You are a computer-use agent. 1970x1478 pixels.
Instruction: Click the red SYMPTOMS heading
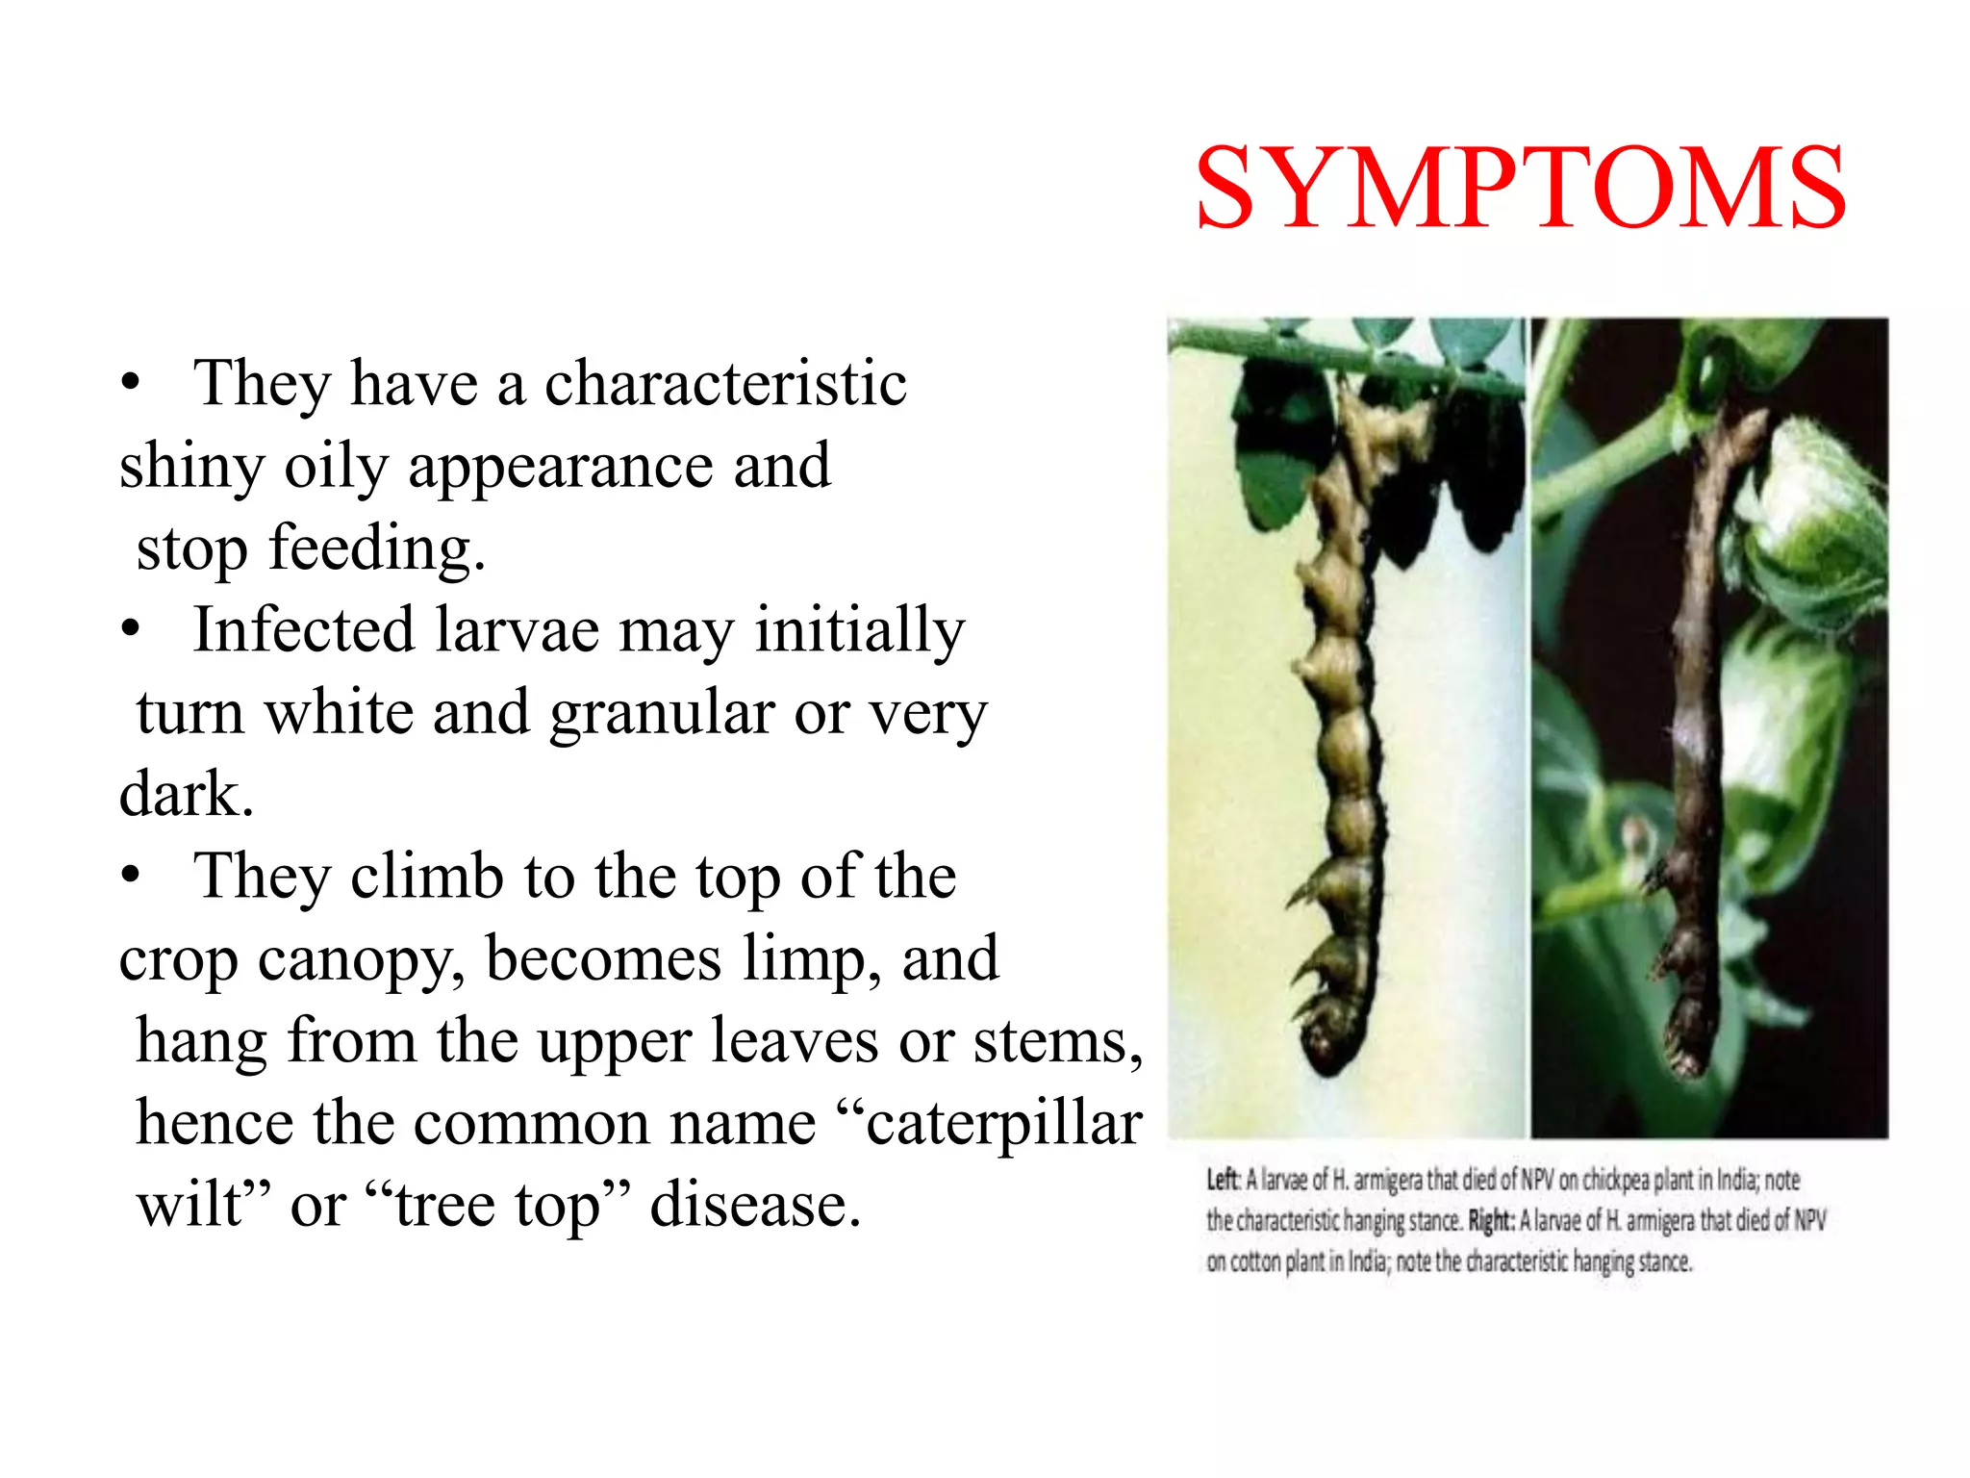(1520, 189)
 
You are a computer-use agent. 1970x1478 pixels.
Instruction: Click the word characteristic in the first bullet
(725, 383)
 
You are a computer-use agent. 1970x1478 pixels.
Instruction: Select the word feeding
(375, 549)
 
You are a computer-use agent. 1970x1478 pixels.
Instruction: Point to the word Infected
(303, 630)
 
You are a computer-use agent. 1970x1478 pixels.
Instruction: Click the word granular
(662, 713)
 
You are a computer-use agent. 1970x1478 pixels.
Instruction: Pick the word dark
(186, 795)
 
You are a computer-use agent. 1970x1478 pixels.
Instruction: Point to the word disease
(754, 1206)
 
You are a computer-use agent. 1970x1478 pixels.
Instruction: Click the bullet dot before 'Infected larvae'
(131, 631)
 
